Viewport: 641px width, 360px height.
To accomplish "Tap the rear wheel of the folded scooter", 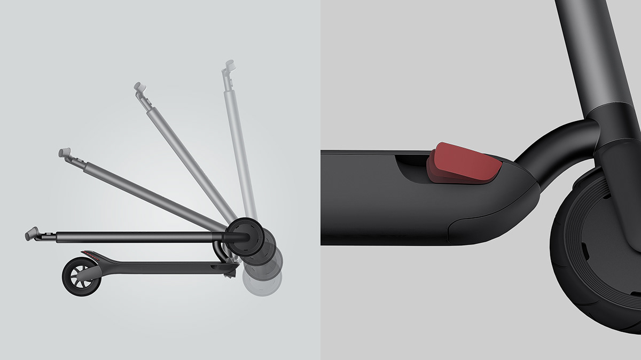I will pos(80,276).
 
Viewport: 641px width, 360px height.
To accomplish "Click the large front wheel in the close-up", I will pos(593,251).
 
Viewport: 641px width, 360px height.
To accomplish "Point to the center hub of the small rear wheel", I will pos(81,277).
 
